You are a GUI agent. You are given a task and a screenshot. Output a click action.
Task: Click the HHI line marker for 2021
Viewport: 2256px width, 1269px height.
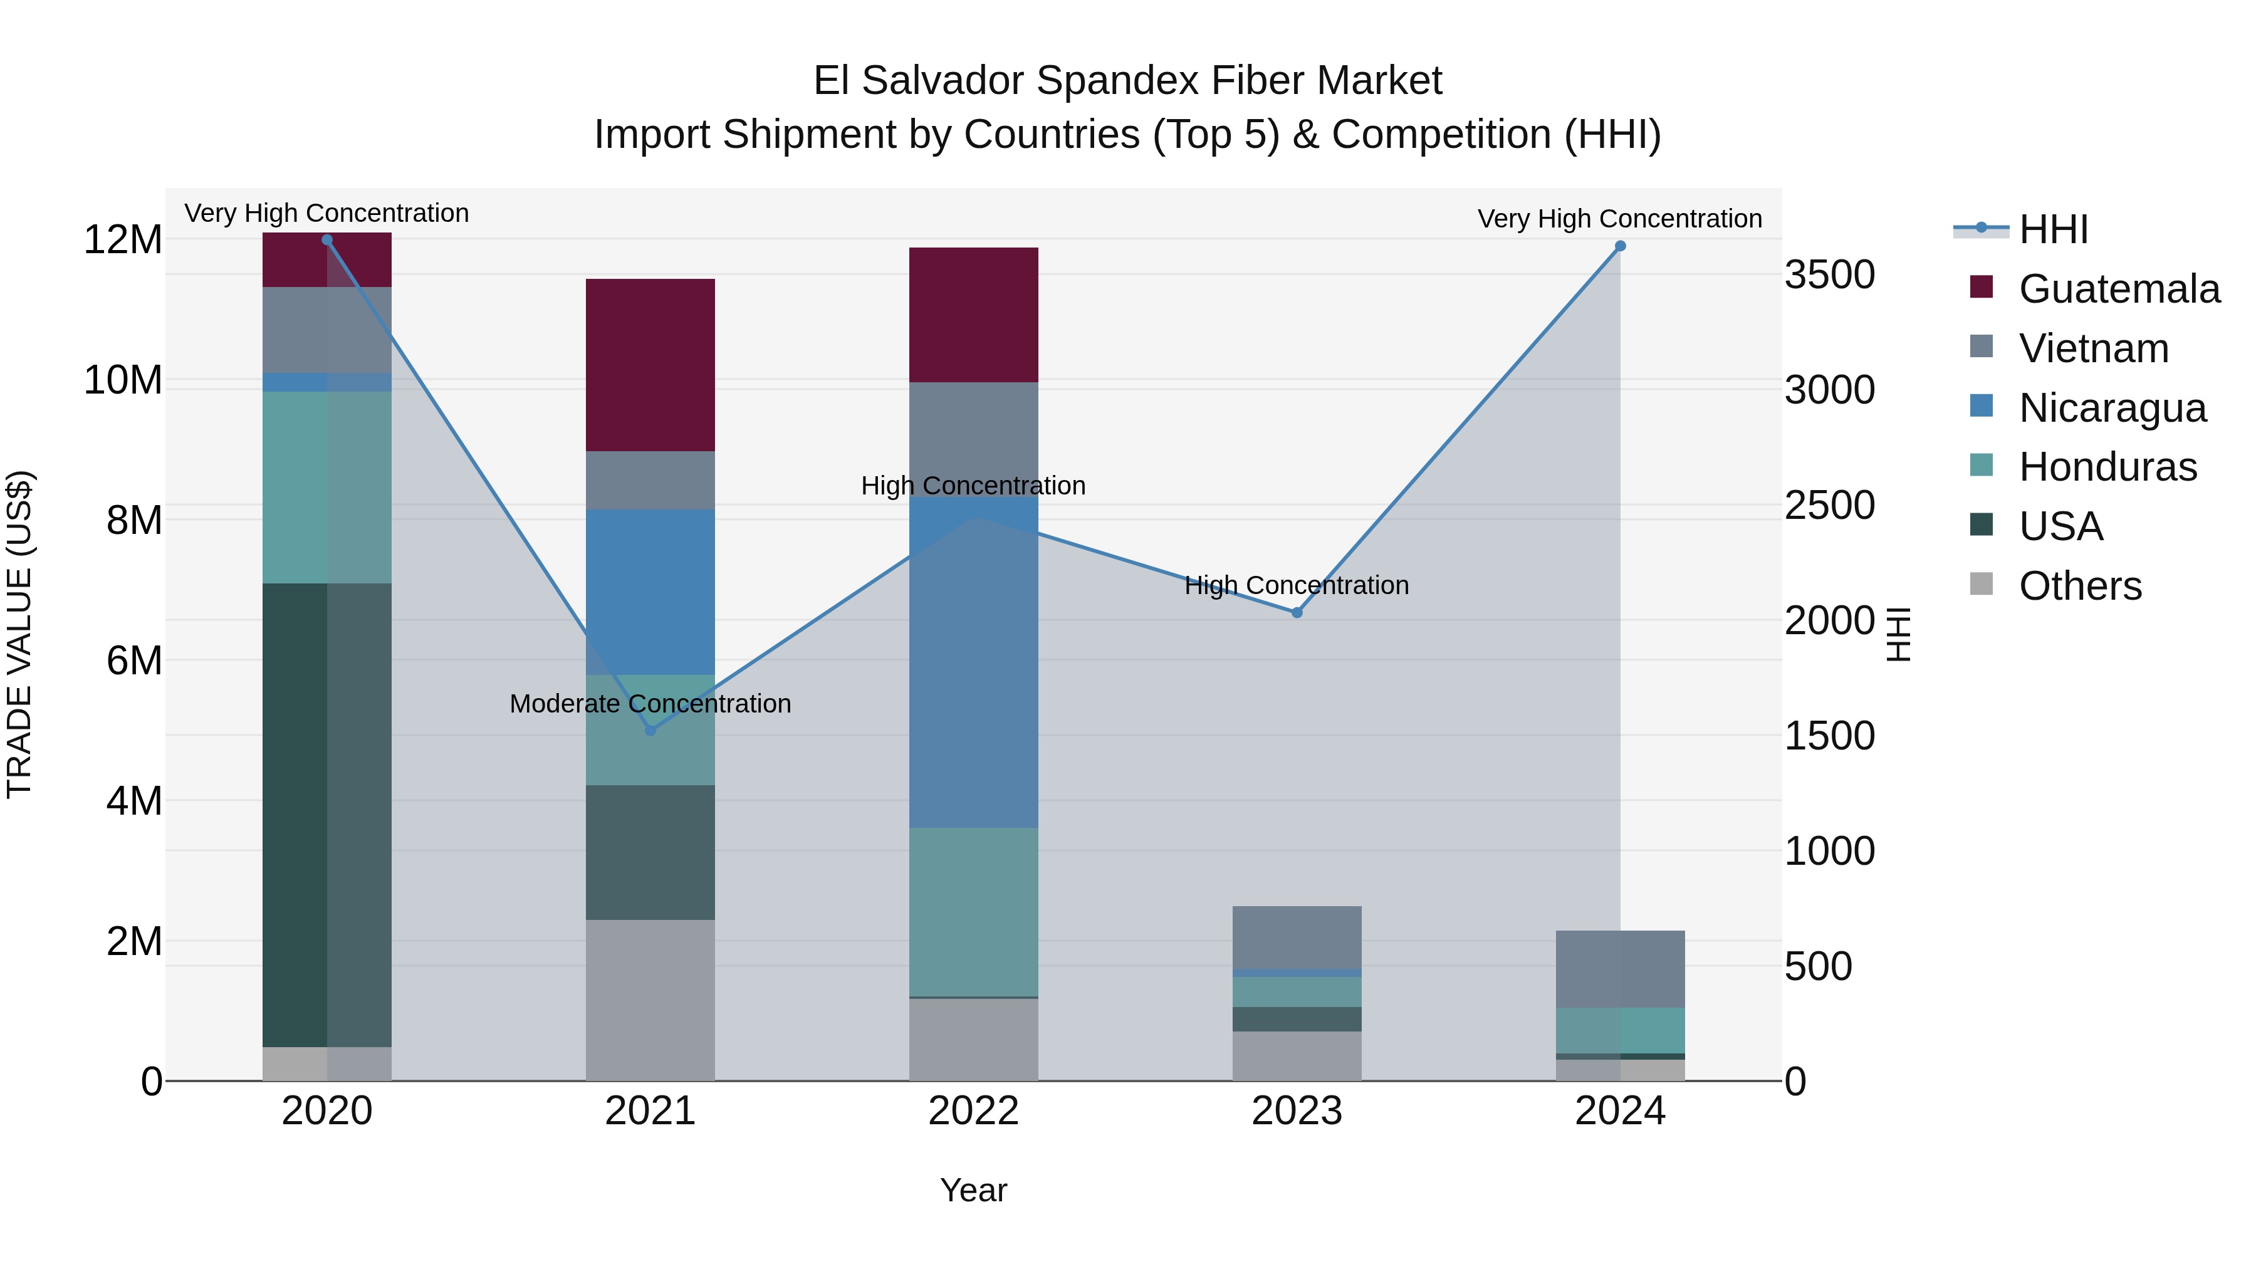(650, 731)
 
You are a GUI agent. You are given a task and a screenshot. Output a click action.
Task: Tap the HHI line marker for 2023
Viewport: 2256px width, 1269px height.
(1297, 612)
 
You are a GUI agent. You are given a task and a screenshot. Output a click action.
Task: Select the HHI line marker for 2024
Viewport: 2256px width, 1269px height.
(1620, 246)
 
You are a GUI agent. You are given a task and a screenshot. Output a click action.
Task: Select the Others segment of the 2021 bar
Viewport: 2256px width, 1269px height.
(650, 1000)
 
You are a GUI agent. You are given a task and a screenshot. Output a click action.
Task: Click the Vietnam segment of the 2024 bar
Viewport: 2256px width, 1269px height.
(1620, 969)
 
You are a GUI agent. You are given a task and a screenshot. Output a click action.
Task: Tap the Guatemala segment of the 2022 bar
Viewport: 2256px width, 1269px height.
(973, 315)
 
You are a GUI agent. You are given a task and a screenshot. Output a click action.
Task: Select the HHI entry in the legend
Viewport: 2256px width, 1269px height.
(2053, 229)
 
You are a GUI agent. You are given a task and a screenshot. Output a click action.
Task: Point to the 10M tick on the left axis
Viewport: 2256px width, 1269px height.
(123, 380)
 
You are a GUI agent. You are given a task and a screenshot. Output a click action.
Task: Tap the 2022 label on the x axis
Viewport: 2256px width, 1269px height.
(973, 1111)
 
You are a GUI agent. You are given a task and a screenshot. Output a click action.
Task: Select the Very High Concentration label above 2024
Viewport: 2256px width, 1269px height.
(1619, 218)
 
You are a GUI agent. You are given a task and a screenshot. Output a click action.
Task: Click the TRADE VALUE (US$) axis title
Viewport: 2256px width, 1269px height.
(19, 634)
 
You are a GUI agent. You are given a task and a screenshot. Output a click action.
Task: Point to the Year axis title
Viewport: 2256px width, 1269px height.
(973, 1190)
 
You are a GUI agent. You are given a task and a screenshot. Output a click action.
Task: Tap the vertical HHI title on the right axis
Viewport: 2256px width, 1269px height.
(1898, 634)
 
